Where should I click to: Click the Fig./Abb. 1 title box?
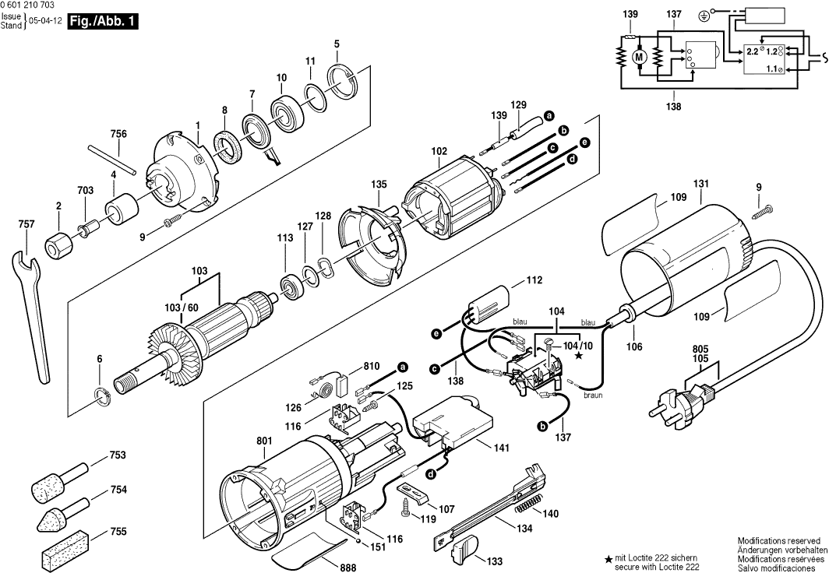point(103,23)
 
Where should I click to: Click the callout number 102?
point(439,152)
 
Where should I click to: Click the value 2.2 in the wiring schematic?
point(752,51)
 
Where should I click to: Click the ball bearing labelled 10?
point(287,110)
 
